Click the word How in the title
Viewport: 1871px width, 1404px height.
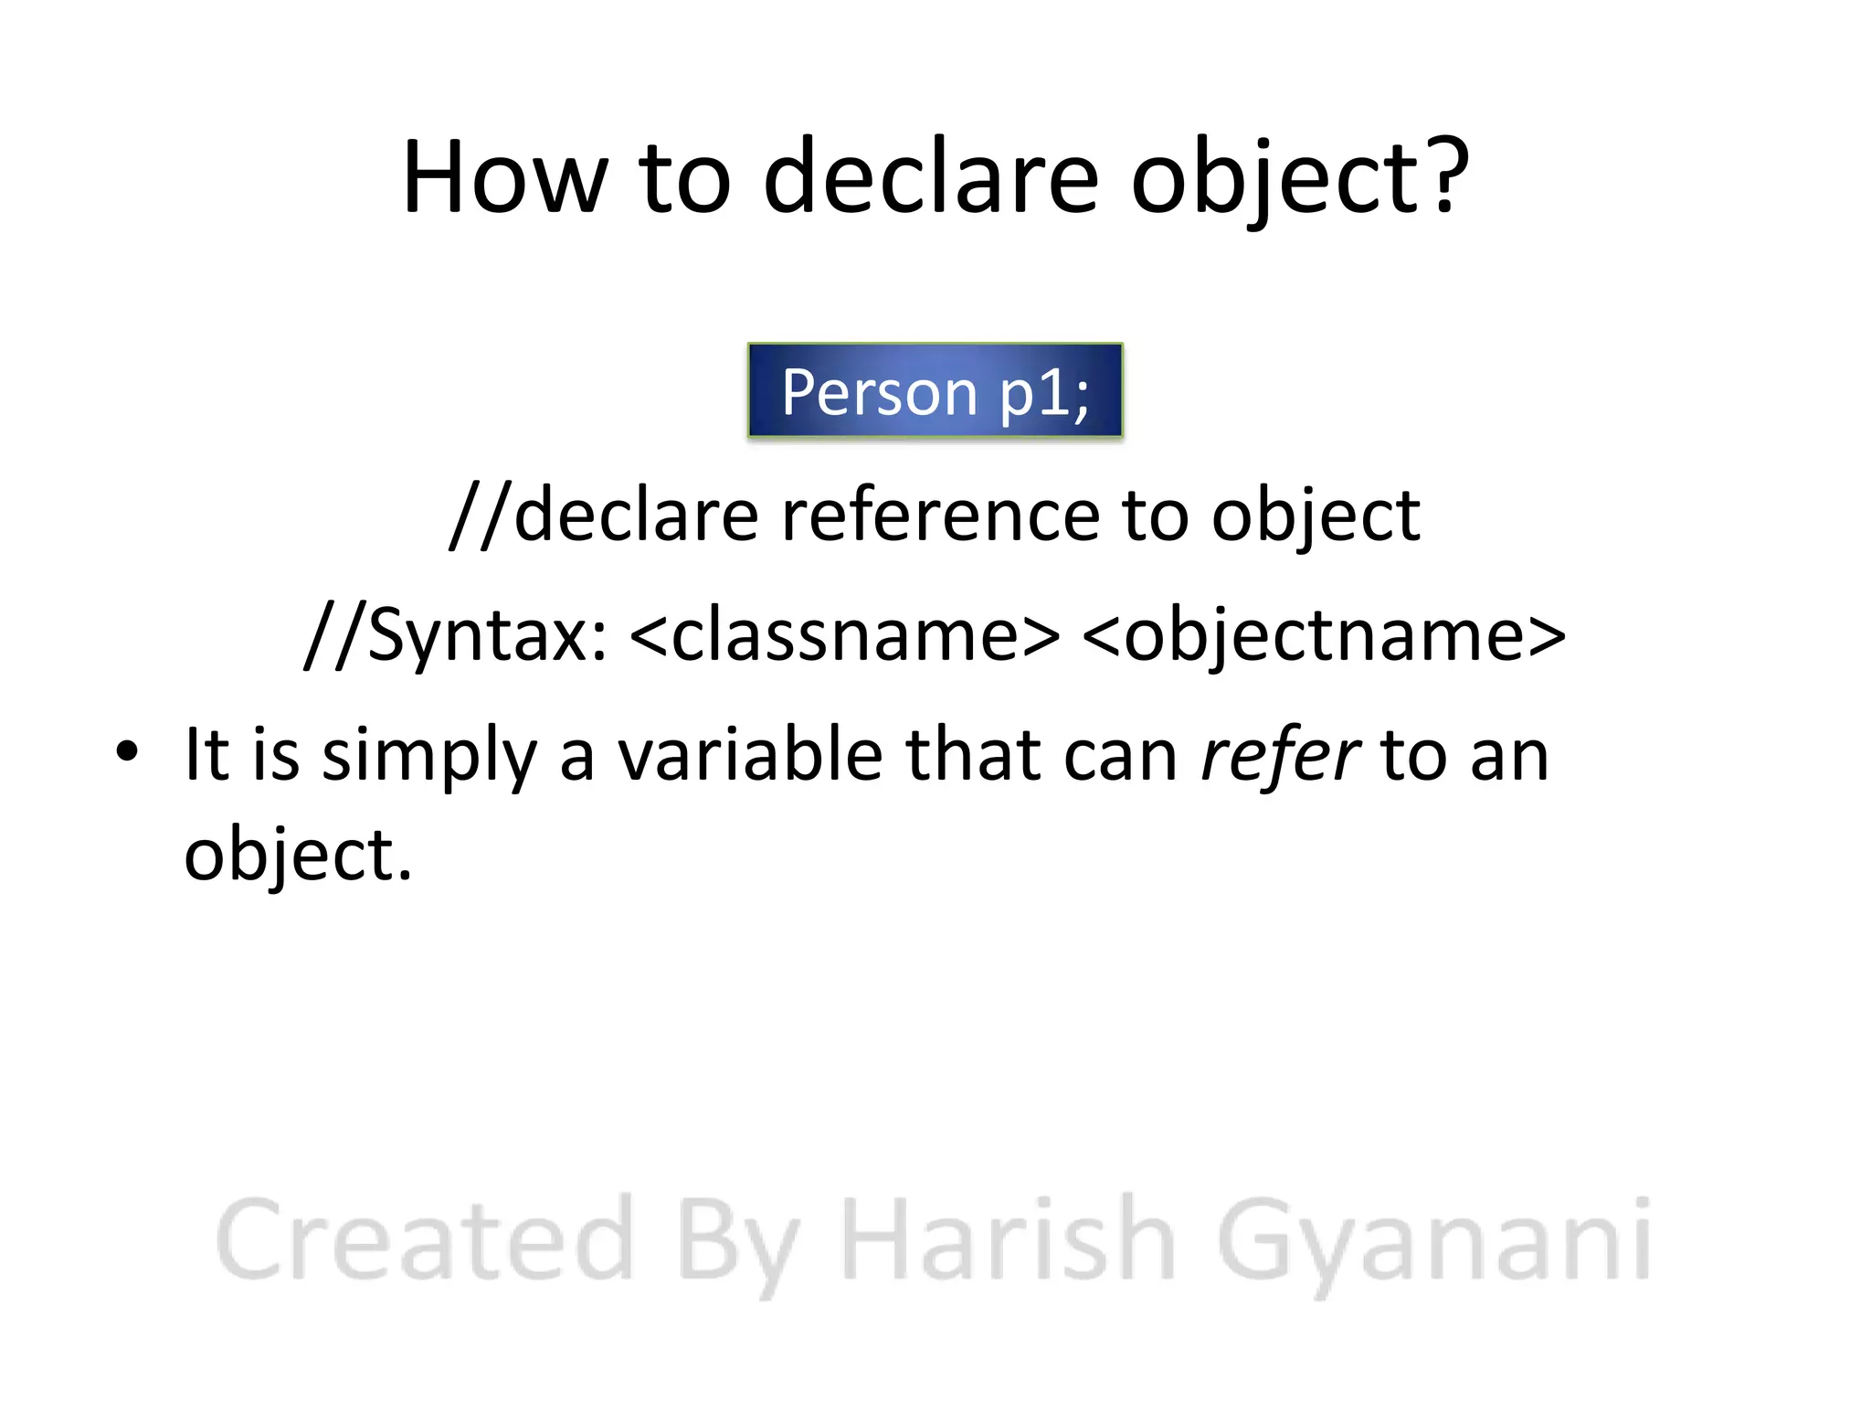tap(504, 177)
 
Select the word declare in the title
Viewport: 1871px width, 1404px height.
tap(930, 177)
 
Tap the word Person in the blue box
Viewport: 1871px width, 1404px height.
tap(879, 392)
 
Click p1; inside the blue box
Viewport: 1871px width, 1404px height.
tap(1044, 394)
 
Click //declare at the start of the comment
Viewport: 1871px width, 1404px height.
tap(603, 516)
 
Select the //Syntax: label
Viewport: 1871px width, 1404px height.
tap(456, 636)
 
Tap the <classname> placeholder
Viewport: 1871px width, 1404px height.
tap(845, 636)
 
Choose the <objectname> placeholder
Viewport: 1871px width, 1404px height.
tap(1323, 636)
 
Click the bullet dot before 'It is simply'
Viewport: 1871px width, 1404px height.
tap(127, 751)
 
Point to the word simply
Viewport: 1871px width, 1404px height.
tap(429, 757)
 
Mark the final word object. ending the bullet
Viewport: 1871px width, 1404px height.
tap(298, 856)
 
